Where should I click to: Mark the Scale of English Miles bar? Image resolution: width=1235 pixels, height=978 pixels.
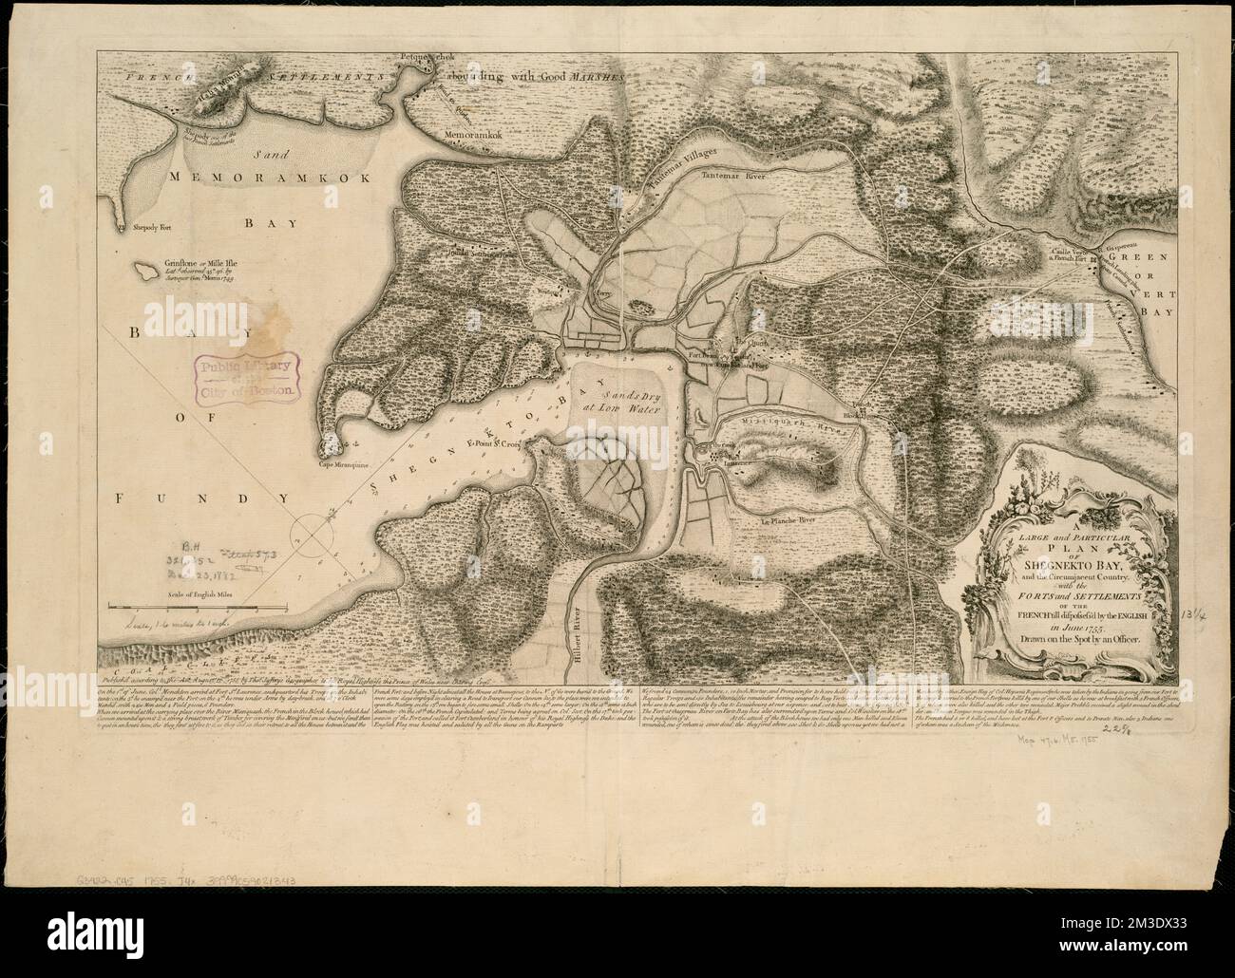pyautogui.click(x=180, y=605)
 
